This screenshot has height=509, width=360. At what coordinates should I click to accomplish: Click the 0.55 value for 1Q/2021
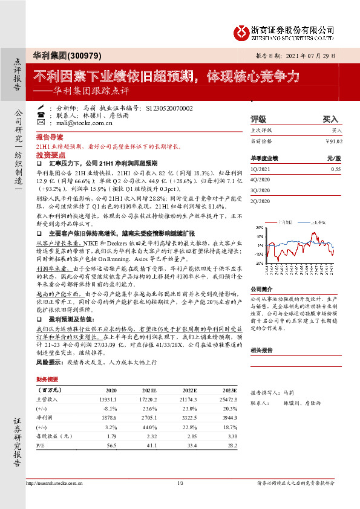(x=336, y=169)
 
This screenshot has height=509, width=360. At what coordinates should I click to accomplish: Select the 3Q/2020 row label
(x=260, y=192)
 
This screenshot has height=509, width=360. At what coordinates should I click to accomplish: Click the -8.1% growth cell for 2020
(x=110, y=409)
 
